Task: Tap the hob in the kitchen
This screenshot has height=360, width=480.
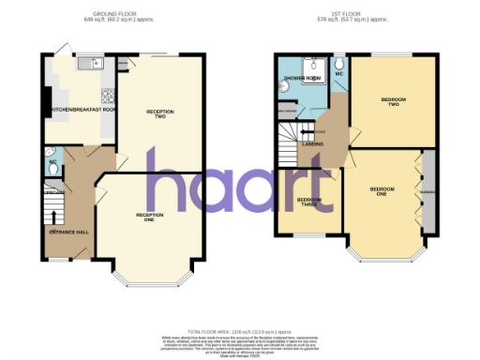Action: point(110,95)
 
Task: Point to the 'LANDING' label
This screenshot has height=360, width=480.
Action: point(312,143)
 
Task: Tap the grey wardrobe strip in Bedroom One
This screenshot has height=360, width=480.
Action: point(428,194)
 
